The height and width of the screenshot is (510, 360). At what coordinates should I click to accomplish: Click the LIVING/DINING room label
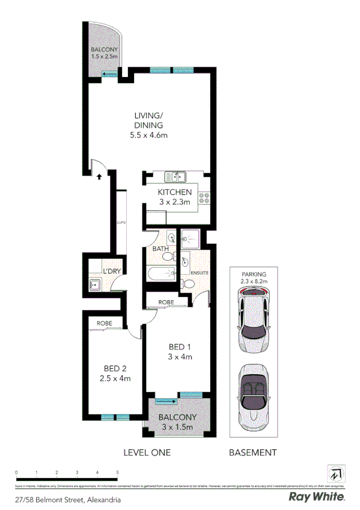pyautogui.click(x=148, y=125)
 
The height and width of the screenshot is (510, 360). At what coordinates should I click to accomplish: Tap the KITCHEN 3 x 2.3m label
pyautogui.click(x=175, y=197)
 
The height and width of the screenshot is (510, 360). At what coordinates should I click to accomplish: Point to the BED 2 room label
pyautogui.click(x=115, y=373)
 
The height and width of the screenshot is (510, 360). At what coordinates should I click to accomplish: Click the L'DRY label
pyautogui.click(x=112, y=271)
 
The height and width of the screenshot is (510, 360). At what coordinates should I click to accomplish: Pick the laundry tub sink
pyautogui.click(x=95, y=284)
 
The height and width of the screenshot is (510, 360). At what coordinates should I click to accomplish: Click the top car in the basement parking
pyautogui.click(x=252, y=319)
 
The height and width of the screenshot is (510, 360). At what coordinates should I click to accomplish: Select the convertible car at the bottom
pyautogui.click(x=252, y=396)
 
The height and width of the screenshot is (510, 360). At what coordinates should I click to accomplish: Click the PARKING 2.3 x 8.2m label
pyautogui.click(x=253, y=277)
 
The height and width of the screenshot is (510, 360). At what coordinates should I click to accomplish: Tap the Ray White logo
pyautogui.click(x=317, y=497)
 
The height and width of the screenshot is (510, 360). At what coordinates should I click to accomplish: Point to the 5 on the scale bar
pyautogui.click(x=117, y=473)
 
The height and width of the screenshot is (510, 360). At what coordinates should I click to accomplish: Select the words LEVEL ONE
pyautogui.click(x=147, y=453)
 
